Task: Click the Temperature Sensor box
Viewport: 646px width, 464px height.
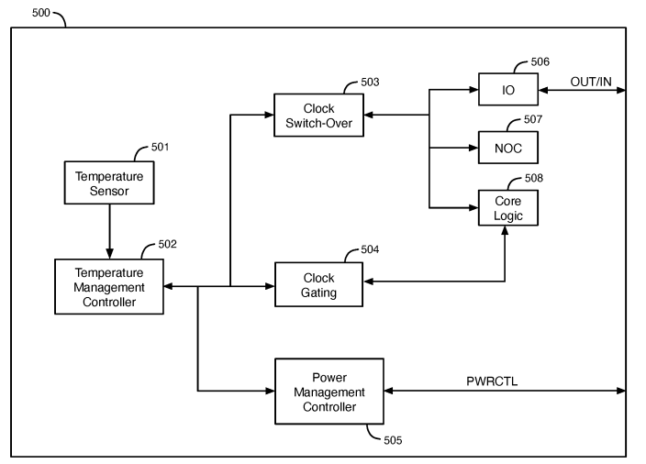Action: pos(109,182)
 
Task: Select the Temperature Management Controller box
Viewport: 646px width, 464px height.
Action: pos(109,287)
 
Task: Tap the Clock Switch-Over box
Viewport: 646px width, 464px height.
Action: pos(317,116)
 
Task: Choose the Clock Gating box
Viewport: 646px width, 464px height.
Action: pos(318,285)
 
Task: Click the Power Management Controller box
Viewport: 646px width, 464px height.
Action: pos(329,391)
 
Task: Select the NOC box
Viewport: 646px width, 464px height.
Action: pos(507,147)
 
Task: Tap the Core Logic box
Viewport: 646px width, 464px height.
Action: pos(507,207)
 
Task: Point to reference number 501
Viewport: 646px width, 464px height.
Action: pos(159,147)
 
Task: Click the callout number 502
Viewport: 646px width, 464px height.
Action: pos(166,245)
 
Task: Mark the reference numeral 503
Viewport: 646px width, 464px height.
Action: pos(369,83)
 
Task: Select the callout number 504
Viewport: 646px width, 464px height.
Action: pos(369,249)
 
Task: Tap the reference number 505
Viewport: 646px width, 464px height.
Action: pos(393,439)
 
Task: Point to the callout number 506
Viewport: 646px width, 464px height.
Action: pos(541,62)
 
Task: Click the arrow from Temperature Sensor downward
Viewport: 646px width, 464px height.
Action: pos(109,230)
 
